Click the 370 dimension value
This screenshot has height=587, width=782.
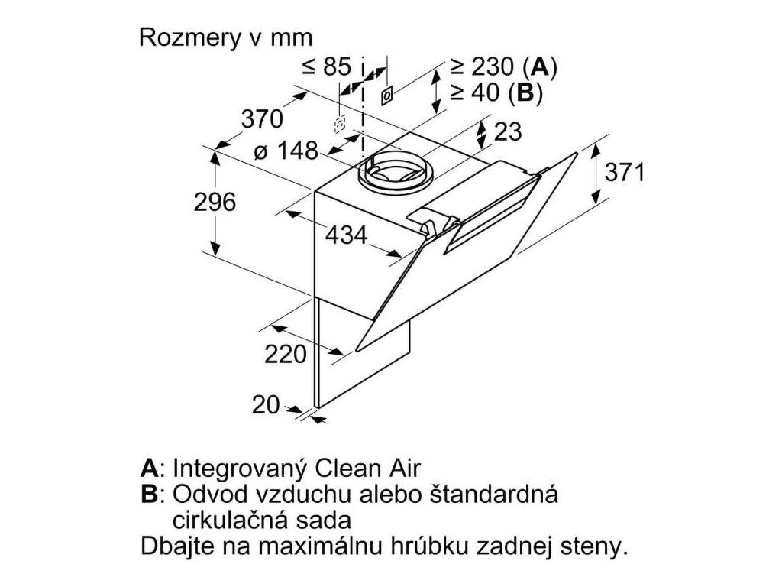tap(262, 119)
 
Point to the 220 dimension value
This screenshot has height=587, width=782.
tap(285, 354)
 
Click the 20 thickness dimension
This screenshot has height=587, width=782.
tap(266, 405)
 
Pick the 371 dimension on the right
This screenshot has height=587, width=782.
tap(625, 173)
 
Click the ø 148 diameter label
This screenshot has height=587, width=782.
tap(286, 151)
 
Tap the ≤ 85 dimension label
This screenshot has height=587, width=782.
tap(326, 67)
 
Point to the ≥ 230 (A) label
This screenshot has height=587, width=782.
tap(502, 67)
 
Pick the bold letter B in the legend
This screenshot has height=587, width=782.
tap(148, 494)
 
